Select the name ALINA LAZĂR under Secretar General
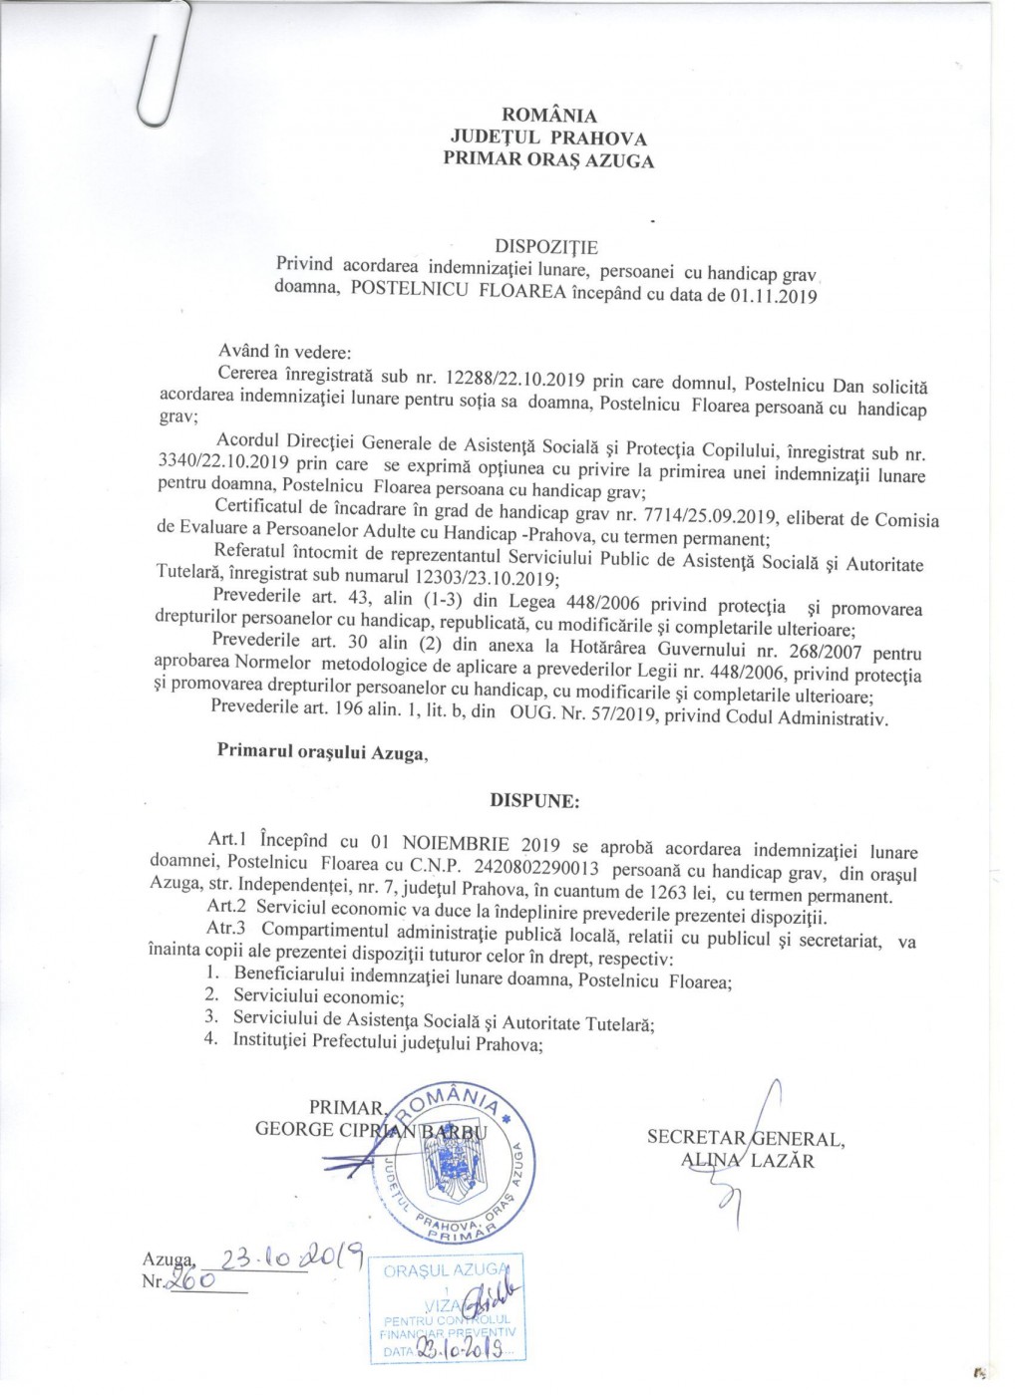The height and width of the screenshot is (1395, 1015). [x=746, y=1160]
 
